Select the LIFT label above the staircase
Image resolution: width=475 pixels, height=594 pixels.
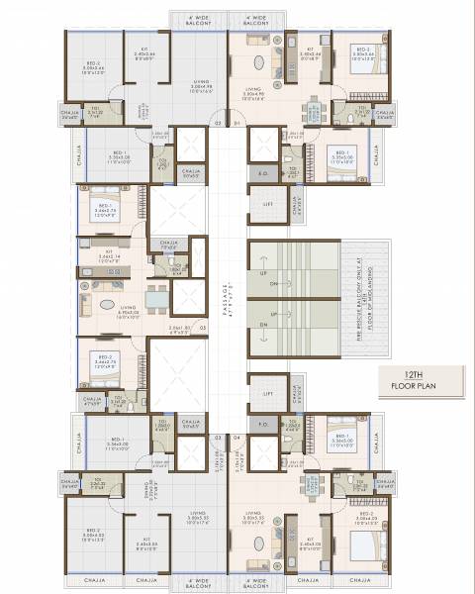pos(268,204)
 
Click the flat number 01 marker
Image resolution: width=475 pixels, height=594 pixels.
pos(237,123)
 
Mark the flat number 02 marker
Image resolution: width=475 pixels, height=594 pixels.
pos(217,123)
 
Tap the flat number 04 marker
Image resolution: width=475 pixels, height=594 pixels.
pos(237,436)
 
